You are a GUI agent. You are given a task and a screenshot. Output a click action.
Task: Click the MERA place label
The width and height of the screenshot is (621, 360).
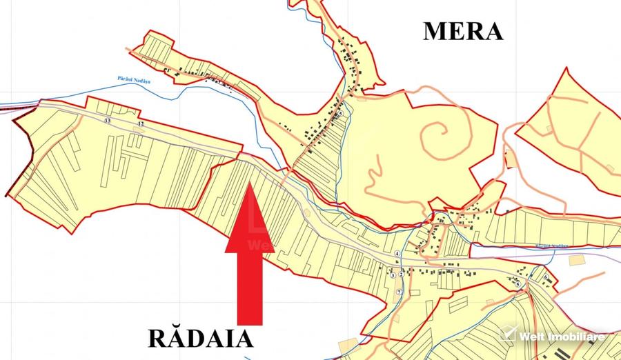pos(462,31)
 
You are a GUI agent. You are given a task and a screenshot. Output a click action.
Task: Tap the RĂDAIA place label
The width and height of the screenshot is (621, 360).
pos(201,339)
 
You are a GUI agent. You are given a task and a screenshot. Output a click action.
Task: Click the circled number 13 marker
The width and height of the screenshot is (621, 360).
pos(107,121)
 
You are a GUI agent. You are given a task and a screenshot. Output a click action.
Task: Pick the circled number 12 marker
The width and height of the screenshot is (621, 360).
pos(141,123)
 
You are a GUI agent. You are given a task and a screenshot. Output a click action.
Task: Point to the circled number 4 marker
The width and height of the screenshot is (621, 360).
pos(397,253)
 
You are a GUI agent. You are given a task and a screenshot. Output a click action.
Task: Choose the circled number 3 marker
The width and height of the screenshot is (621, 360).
pos(393,275)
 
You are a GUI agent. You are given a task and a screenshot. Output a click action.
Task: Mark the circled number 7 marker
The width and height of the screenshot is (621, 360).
pos(398,292)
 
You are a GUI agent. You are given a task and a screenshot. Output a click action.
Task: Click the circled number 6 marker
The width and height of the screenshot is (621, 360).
pos(545,277)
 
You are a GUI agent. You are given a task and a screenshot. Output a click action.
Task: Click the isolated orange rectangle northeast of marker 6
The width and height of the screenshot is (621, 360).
pos(576,259)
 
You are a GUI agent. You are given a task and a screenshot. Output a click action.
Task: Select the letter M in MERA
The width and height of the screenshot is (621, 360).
pos(435,31)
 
